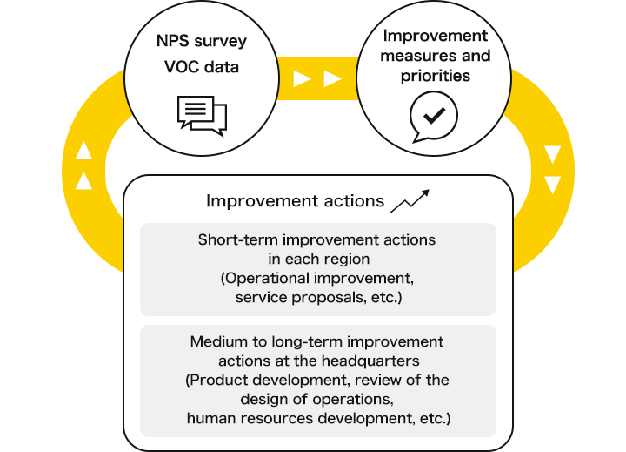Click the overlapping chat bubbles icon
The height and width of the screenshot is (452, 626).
tap(202, 116)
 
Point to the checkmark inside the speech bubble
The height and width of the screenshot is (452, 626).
tap(435, 115)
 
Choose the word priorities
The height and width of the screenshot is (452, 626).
tap(436, 76)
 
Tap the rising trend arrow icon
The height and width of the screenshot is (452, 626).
tap(410, 201)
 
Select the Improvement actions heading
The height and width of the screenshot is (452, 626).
tap(295, 201)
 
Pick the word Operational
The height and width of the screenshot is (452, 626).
tap(265, 278)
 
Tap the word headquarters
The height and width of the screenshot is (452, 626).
tap(370, 361)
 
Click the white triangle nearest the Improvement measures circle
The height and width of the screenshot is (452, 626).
tap(332, 78)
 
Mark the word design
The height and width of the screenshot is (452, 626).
tap(264, 399)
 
